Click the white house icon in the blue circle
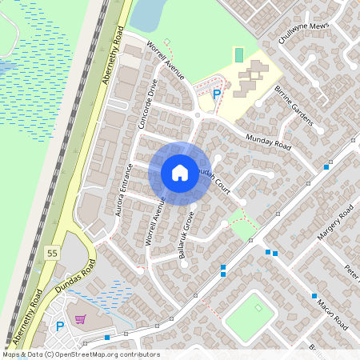click(180, 172)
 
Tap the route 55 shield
click(53, 253)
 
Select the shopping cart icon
click(79, 318)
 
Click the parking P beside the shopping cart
click(60, 326)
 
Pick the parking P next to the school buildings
click(217, 94)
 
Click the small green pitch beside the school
click(238, 55)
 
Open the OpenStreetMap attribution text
click(80, 354)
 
